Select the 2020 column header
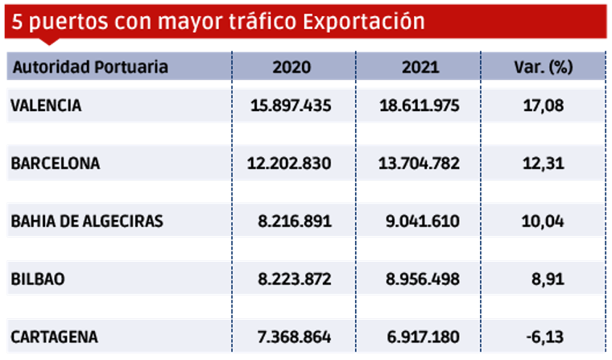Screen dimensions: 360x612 [292, 67]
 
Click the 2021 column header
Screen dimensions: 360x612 [420, 67]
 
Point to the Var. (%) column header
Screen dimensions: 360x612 [543, 67]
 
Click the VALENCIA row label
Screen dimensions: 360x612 [47, 105]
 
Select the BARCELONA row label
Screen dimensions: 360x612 [56, 163]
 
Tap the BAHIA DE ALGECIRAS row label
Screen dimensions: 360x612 [87, 221]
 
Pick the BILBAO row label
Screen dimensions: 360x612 [39, 279]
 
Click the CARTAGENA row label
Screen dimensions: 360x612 [54, 337]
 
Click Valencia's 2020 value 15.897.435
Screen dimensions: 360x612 [292, 105]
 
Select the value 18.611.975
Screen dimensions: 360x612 [420, 105]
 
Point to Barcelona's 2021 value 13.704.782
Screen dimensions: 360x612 [420, 163]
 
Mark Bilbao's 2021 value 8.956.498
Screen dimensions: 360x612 [420, 279]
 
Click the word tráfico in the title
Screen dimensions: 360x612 [261, 21]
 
